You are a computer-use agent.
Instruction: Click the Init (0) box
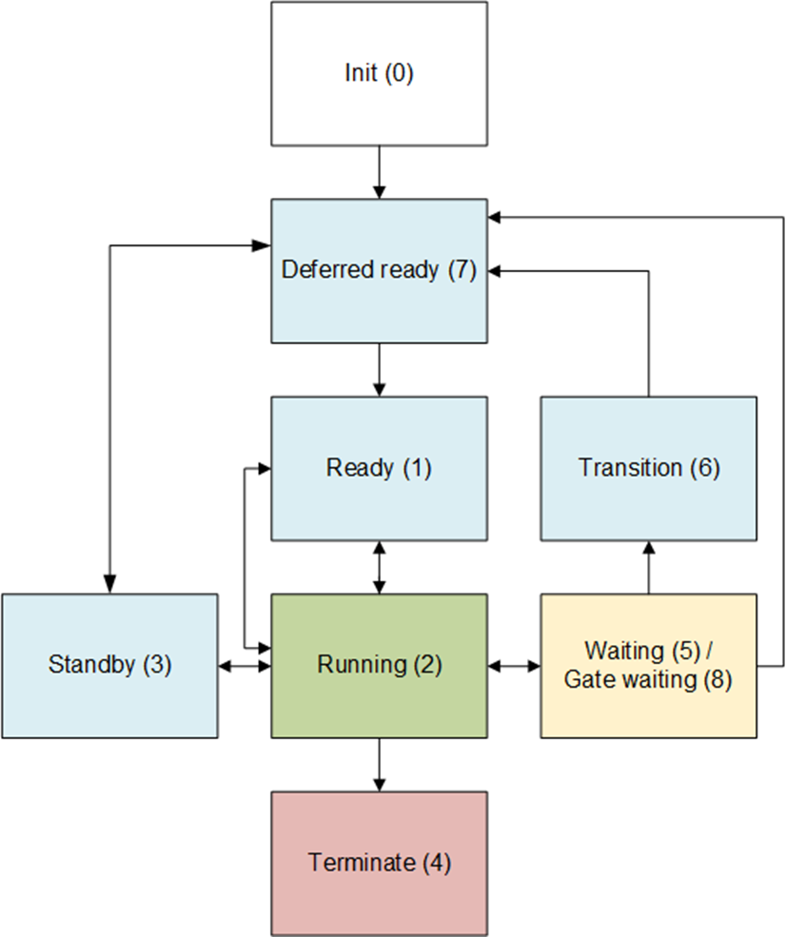[x=379, y=73]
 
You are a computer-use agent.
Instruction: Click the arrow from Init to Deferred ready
[x=380, y=172]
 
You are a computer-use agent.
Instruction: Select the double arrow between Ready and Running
[x=380, y=567]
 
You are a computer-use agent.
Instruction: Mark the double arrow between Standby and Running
[x=245, y=666]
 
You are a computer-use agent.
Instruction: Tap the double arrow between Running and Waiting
[x=514, y=666]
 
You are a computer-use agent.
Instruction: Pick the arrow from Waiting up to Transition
[x=649, y=567]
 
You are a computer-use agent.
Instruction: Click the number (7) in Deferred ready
[x=461, y=270]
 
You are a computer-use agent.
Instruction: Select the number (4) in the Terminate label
[x=435, y=863]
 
